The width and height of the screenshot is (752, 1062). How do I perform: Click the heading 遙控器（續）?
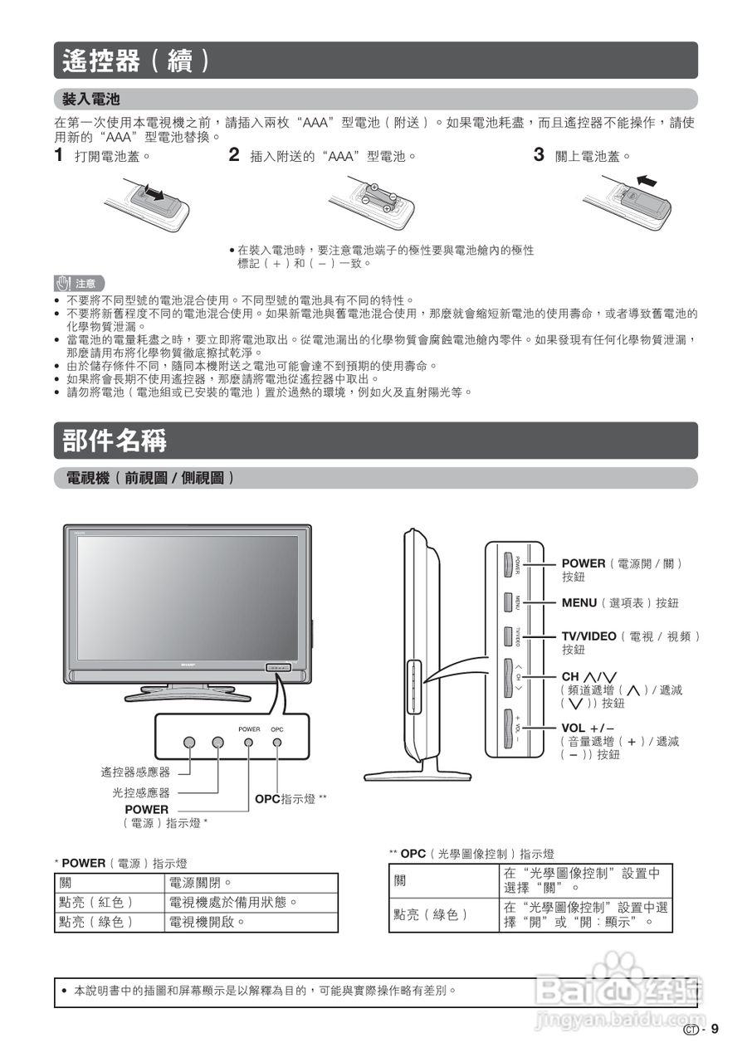(138, 61)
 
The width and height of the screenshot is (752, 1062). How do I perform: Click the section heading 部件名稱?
(115, 441)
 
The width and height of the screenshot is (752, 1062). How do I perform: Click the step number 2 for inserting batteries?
(234, 154)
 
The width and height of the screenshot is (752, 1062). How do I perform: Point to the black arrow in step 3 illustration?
(651, 180)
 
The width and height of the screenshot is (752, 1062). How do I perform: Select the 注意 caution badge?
(80, 283)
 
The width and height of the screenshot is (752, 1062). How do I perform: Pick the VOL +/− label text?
(588, 728)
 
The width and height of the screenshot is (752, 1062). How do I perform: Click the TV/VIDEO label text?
(589, 636)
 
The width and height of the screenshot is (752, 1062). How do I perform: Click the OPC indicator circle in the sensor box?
(277, 740)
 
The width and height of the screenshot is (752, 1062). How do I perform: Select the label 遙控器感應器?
(135, 772)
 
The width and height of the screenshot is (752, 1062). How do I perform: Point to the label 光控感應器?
(141, 792)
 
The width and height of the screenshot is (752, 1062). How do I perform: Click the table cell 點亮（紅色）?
(95, 902)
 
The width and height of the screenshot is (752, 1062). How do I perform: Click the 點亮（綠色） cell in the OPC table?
(432, 914)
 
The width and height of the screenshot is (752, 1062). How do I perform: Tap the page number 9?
(713, 1030)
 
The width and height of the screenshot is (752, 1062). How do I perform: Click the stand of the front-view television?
(187, 689)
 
